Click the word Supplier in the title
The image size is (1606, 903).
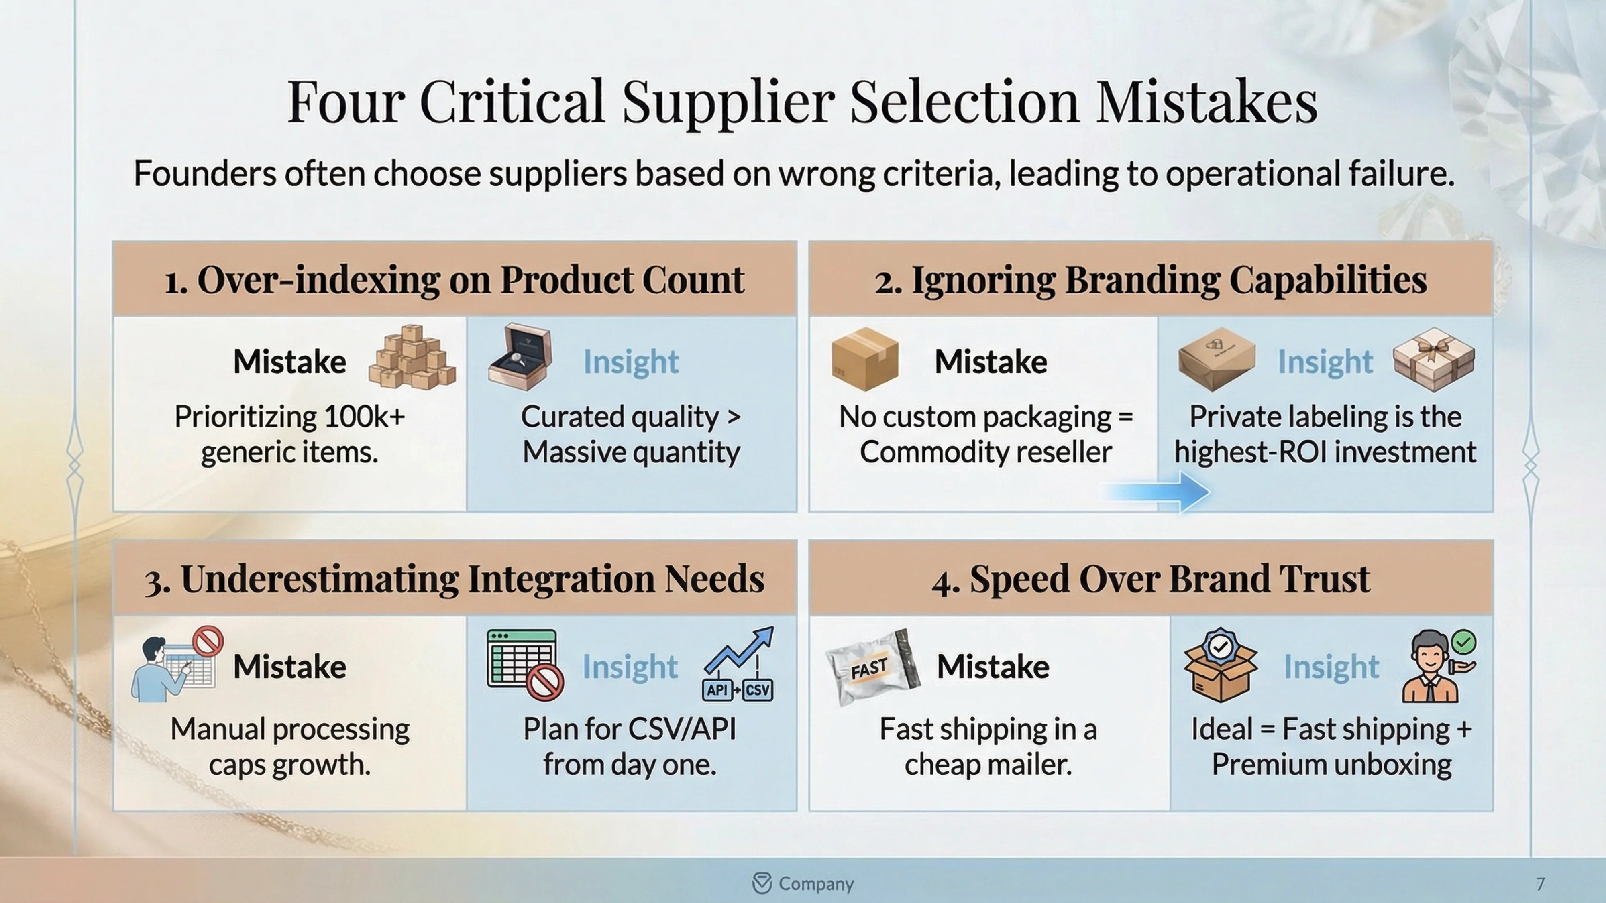pyautogui.click(x=728, y=103)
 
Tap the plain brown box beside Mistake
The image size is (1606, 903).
pyautogui.click(x=865, y=360)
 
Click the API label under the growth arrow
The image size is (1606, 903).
pyautogui.click(x=717, y=690)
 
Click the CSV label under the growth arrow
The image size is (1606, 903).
pyautogui.click(x=758, y=690)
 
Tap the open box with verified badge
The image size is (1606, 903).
pyautogui.click(x=1220, y=665)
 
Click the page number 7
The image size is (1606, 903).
pyautogui.click(x=1540, y=884)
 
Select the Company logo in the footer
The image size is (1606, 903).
pyautogui.click(x=762, y=883)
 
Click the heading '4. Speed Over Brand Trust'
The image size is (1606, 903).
pyautogui.click(x=1150, y=579)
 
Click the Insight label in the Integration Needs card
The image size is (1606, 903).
pyautogui.click(x=630, y=667)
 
